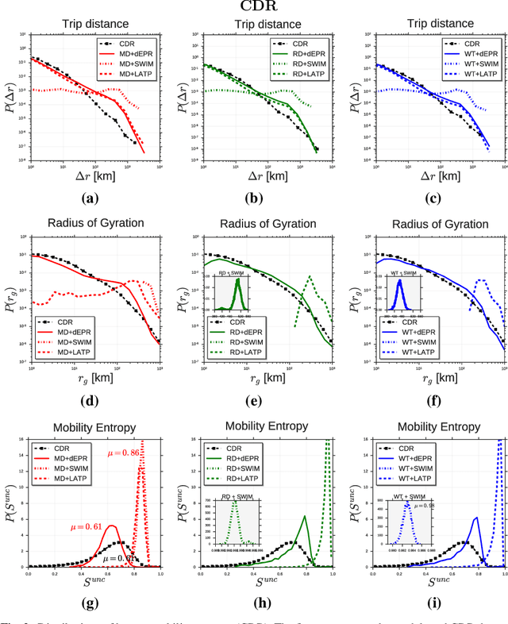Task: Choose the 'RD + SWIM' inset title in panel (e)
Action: [235, 274]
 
